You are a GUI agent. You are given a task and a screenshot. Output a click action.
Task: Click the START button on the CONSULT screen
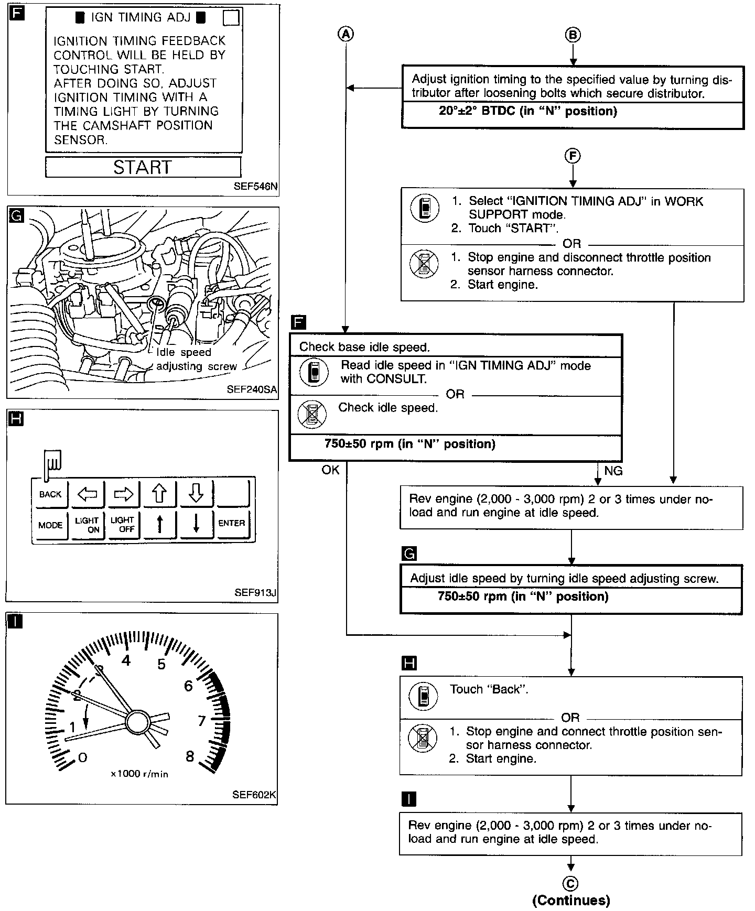[x=143, y=167]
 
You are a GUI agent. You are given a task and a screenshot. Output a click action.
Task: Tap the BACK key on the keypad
[x=50, y=494]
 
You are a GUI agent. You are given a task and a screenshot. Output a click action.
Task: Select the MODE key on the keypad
[x=50, y=525]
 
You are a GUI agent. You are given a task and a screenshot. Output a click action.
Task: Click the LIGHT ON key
[x=87, y=525]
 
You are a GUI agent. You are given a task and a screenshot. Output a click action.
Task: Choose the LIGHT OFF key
[x=123, y=525]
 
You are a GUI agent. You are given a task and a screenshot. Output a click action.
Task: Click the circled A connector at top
[x=346, y=34]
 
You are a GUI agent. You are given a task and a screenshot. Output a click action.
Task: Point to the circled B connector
[x=573, y=35]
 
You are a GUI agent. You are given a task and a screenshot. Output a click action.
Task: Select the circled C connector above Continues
[x=570, y=884]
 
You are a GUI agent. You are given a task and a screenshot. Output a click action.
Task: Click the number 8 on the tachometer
[x=190, y=756]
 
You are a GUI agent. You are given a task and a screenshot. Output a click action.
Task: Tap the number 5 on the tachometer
[x=161, y=665]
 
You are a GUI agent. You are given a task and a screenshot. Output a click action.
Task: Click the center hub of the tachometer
[x=138, y=722]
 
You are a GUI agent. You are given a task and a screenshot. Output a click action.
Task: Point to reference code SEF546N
[x=256, y=186]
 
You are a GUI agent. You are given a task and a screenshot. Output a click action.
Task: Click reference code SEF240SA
[x=252, y=389]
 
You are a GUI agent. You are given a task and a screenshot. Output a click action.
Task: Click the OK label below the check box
[x=330, y=470]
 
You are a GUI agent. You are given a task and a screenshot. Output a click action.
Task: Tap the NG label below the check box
[x=613, y=471]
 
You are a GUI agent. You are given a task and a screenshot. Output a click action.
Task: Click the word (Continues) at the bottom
[x=571, y=901]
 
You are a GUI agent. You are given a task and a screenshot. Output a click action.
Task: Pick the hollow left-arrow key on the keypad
[x=87, y=494]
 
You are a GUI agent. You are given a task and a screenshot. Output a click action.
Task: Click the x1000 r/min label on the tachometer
[x=139, y=774]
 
